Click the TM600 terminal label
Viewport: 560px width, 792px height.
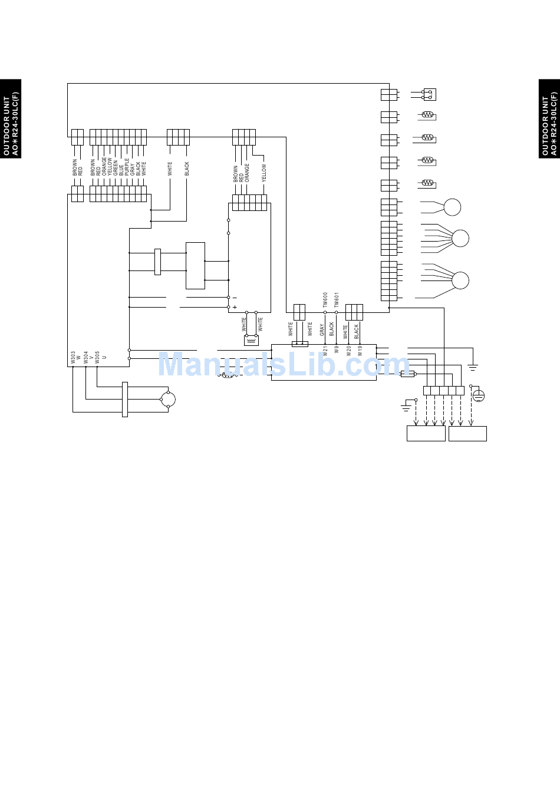click(325, 300)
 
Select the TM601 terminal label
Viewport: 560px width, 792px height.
click(337, 300)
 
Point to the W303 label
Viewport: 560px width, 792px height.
click(73, 357)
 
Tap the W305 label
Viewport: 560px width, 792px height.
click(97, 357)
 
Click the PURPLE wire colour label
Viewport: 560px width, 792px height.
click(127, 167)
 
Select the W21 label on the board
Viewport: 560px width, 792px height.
click(325, 351)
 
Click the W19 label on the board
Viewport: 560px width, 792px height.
click(360, 351)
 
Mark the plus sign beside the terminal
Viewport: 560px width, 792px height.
click(235, 307)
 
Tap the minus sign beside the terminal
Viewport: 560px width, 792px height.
click(235, 298)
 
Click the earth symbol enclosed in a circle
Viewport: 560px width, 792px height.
click(479, 395)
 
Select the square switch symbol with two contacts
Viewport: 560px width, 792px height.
click(429, 94)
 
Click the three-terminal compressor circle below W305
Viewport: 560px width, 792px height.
click(169, 400)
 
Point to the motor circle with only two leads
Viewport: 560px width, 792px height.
click(452, 207)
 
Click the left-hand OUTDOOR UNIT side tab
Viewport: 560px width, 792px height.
click(11, 118)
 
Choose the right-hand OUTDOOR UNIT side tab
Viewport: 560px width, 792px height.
click(549, 118)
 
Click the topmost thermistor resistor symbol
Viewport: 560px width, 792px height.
click(428, 115)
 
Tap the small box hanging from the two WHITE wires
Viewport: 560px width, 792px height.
click(252, 341)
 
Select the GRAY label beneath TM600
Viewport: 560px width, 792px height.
click(322, 329)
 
